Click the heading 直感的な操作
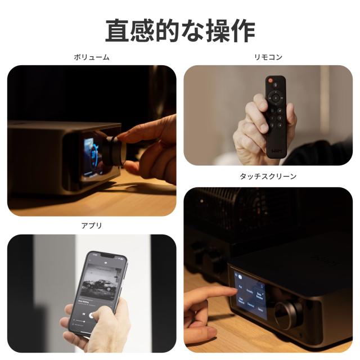(180, 30)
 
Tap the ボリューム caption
(91, 57)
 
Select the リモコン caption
(268, 57)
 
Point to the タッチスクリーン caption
(268, 177)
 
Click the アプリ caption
(91, 226)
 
